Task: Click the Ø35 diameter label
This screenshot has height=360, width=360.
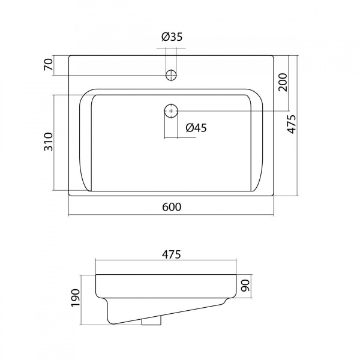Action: click(x=172, y=37)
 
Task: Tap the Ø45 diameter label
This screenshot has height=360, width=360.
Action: click(x=196, y=128)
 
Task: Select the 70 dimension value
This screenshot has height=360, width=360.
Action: click(x=49, y=65)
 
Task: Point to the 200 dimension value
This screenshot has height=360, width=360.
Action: click(x=283, y=82)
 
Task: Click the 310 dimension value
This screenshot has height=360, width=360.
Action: click(x=49, y=142)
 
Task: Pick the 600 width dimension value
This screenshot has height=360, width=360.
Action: click(x=172, y=207)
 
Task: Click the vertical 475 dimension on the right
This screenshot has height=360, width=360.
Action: click(x=292, y=124)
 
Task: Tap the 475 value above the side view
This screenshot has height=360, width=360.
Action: click(x=172, y=254)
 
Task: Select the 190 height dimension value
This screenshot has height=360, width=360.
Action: click(x=76, y=298)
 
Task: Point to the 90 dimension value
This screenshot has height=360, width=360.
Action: click(x=245, y=286)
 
